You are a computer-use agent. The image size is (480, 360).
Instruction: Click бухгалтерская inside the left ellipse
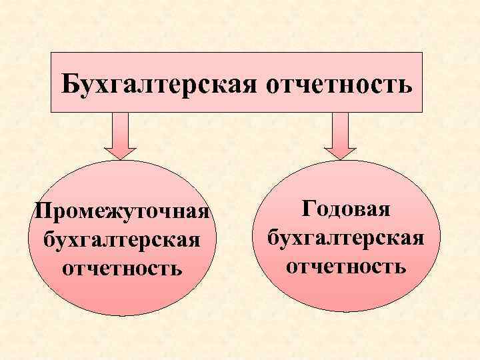tap(121, 239)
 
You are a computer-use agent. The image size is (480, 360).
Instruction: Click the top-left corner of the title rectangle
tap(51, 52)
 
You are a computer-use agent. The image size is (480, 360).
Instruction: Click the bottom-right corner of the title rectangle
tap(423, 111)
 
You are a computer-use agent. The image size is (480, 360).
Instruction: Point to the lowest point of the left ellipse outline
tap(121, 315)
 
